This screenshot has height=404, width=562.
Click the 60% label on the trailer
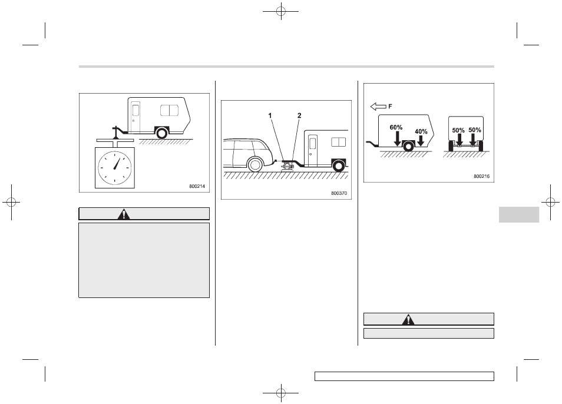pos(396,128)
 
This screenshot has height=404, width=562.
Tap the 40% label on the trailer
pos(421,132)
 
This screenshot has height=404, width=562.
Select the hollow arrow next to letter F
pos(378,107)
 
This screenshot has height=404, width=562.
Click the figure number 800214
pos(197,186)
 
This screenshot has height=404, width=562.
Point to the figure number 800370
pos(339,193)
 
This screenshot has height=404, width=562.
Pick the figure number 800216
pos(481,176)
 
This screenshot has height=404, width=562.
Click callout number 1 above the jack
pos(270,115)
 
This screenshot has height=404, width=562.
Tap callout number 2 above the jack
pos(299,115)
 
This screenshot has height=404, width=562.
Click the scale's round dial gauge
pos(115,168)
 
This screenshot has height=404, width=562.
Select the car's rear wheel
pos(255,165)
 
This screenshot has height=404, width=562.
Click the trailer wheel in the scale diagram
pos(162,133)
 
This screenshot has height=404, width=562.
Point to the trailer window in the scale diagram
pos(170,110)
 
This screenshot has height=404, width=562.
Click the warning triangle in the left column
pos(124,214)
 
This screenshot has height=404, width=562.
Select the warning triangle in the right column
pos(408,319)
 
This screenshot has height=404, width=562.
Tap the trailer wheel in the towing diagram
pos(338,166)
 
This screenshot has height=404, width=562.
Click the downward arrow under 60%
pos(397,138)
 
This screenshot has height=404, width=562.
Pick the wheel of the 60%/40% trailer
pos(409,146)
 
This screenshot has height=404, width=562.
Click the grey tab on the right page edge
pos(519,214)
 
